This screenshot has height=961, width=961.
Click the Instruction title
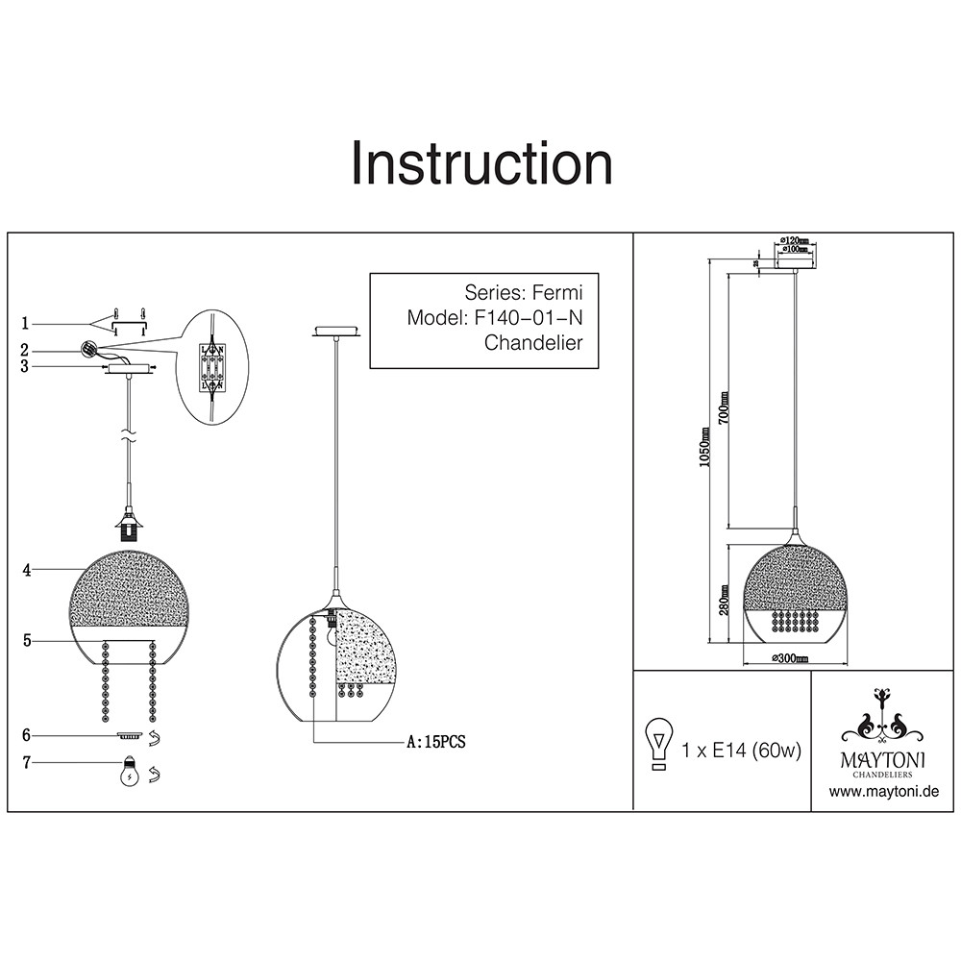click(x=481, y=163)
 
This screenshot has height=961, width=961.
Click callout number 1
click(x=27, y=323)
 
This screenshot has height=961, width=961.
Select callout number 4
click(x=27, y=570)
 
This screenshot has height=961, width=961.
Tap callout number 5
click(x=27, y=639)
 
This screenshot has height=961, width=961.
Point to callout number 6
click(x=27, y=735)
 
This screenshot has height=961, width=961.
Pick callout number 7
click(x=27, y=763)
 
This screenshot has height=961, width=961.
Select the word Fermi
click(x=557, y=292)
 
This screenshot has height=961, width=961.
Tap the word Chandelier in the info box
click(x=533, y=342)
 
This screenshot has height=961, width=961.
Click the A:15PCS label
click(x=436, y=742)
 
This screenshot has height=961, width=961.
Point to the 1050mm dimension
click(x=704, y=447)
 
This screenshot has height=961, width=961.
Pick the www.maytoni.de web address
click(x=883, y=792)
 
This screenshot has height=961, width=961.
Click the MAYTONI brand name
click(x=883, y=759)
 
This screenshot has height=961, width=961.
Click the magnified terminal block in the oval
click(x=211, y=366)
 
